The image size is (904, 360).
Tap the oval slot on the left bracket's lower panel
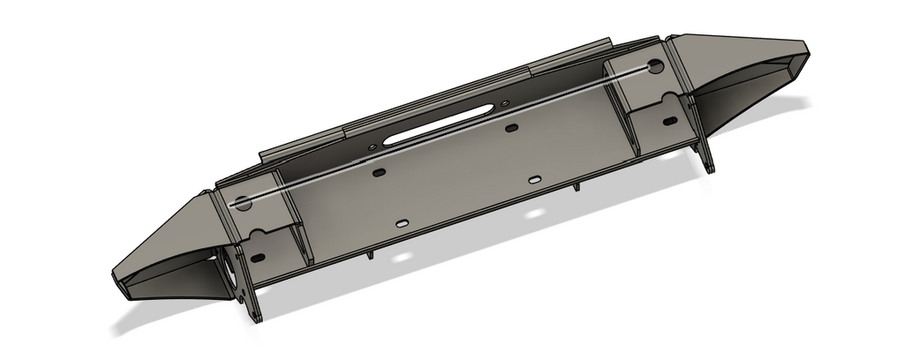coord(258,258)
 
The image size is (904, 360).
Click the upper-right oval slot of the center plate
coord(511,130)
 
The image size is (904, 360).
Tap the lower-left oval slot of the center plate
coord(403,224)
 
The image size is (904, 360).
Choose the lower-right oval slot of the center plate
coord(535,179)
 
